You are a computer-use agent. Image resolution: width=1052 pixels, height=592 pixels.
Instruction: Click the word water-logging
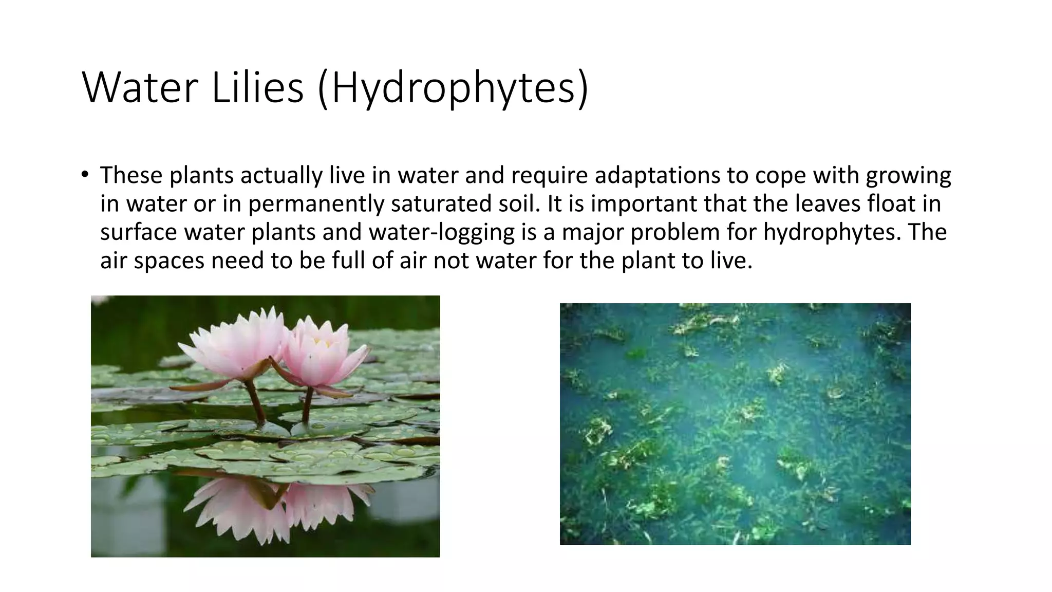click(442, 232)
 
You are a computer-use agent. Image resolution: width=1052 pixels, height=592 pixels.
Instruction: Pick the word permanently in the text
click(316, 203)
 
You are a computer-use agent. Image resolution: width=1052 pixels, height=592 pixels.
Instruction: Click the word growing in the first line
click(908, 175)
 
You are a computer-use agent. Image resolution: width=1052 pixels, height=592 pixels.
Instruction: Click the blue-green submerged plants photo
click(735, 424)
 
